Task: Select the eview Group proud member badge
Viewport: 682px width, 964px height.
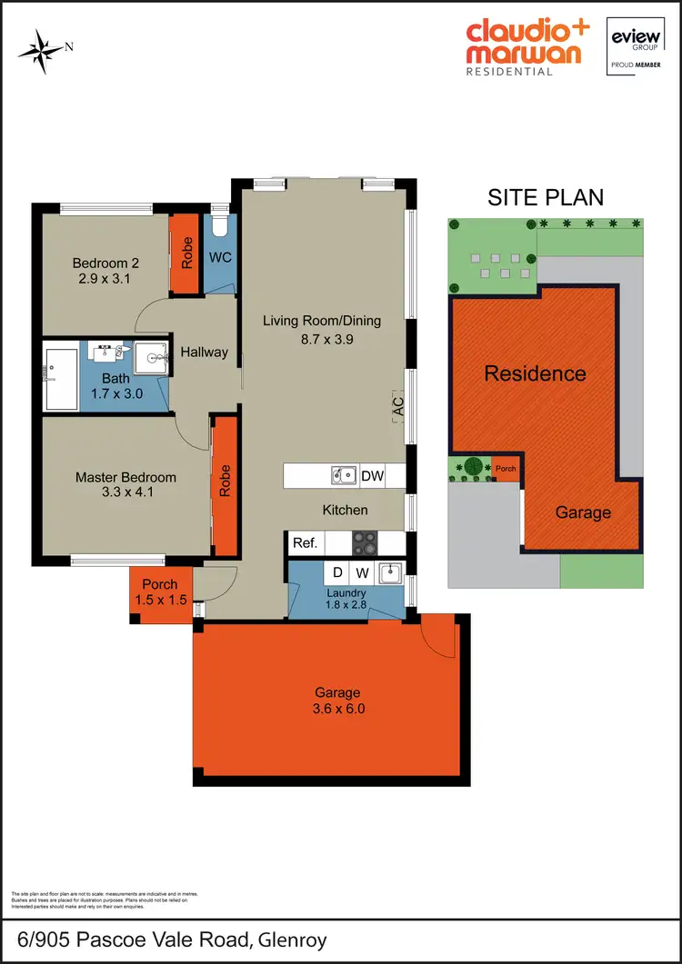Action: pyautogui.click(x=636, y=46)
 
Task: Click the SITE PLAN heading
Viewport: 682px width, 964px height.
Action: pyautogui.click(x=546, y=197)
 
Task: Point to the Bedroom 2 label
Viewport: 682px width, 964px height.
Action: pyautogui.click(x=102, y=264)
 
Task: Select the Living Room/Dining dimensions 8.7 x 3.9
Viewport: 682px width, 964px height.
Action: pyautogui.click(x=322, y=339)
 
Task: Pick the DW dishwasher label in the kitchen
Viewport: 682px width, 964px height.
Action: pyautogui.click(x=373, y=475)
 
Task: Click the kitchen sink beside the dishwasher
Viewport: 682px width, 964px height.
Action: pyautogui.click(x=344, y=474)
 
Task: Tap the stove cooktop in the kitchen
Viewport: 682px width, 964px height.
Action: pyautogui.click(x=365, y=543)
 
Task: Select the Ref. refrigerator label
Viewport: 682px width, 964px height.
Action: pyautogui.click(x=305, y=543)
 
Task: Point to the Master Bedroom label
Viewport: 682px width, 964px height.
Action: pyautogui.click(x=125, y=477)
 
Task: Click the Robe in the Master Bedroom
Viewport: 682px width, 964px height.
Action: pyautogui.click(x=224, y=480)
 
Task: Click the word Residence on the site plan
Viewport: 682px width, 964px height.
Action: pyautogui.click(x=535, y=373)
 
